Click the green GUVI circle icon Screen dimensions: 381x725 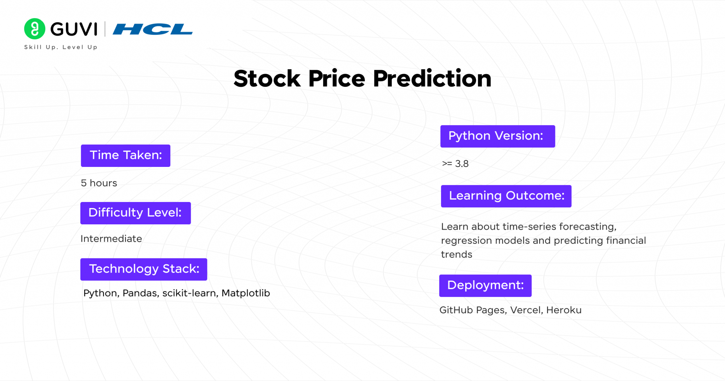[x=35, y=29]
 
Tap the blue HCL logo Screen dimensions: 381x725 [x=153, y=29]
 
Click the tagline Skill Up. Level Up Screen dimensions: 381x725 [x=61, y=47]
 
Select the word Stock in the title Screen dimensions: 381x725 [x=267, y=78]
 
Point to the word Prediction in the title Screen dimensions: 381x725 [x=432, y=78]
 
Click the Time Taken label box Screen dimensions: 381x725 [x=125, y=156]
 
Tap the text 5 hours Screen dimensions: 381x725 [x=99, y=183]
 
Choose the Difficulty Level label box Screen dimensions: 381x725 [x=135, y=213]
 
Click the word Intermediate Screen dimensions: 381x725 [x=111, y=239]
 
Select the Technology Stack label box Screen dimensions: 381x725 [x=143, y=269]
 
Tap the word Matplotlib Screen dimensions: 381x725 [x=246, y=293]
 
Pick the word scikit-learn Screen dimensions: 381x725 [x=190, y=293]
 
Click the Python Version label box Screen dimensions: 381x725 [x=497, y=136]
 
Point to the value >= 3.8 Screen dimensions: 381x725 [x=455, y=164]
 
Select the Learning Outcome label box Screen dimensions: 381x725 [x=506, y=196]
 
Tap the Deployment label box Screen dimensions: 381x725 [x=485, y=286]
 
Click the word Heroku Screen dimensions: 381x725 [x=564, y=310]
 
